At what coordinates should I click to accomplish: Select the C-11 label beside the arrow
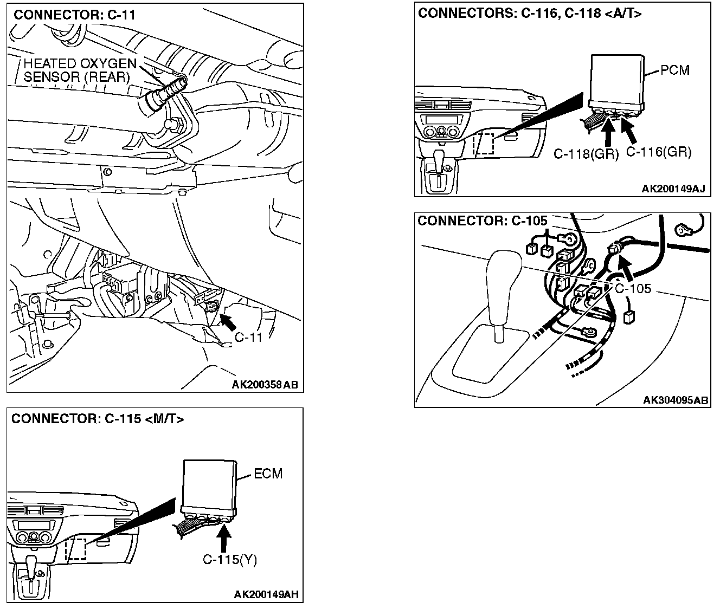tap(248, 338)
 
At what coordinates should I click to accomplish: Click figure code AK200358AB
tap(265, 385)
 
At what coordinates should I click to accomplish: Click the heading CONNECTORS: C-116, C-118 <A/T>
tap(529, 14)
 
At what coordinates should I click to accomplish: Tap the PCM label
tap(675, 70)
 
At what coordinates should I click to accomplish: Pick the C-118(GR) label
tap(586, 154)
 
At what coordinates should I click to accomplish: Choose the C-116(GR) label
tap(659, 152)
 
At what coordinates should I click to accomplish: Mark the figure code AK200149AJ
tap(673, 189)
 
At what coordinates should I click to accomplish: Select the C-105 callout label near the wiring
tap(633, 288)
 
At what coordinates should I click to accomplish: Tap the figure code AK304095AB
tap(676, 400)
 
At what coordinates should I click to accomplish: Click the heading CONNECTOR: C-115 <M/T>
tap(98, 419)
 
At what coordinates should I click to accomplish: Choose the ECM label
tap(268, 474)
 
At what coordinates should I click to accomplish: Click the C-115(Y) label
tap(230, 560)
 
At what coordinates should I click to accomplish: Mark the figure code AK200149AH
tap(266, 595)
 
